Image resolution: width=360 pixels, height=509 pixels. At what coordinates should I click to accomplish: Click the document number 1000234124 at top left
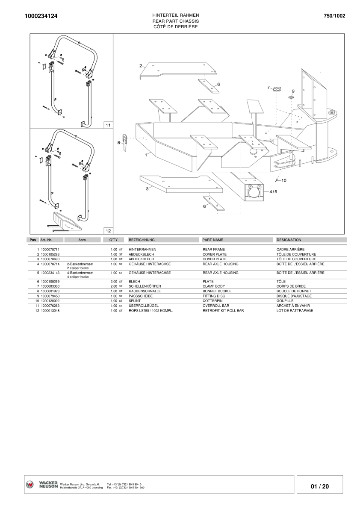tap(41, 16)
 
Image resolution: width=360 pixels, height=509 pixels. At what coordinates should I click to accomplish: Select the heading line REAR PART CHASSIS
tap(175, 21)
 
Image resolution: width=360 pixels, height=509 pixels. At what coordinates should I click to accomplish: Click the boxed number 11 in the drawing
tap(108, 125)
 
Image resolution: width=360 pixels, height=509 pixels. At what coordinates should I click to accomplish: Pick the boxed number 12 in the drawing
tap(108, 230)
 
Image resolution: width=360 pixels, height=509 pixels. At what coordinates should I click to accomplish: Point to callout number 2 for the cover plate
tap(141, 66)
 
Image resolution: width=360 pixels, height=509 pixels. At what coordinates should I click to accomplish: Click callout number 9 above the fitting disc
tap(293, 91)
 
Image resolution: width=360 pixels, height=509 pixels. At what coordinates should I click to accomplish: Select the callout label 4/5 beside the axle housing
tap(273, 191)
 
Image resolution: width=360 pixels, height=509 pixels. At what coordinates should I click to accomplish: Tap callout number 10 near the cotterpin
tap(283, 180)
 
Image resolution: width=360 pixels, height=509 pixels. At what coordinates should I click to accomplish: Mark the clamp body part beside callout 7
tap(277, 89)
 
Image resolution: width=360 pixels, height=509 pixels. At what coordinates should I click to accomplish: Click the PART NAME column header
tap(212, 240)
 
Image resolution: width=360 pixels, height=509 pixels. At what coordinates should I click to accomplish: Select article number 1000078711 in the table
tap(50, 249)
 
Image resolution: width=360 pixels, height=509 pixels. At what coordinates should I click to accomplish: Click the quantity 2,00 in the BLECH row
tap(114, 282)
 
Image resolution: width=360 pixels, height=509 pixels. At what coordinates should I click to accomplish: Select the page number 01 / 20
tap(320, 486)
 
